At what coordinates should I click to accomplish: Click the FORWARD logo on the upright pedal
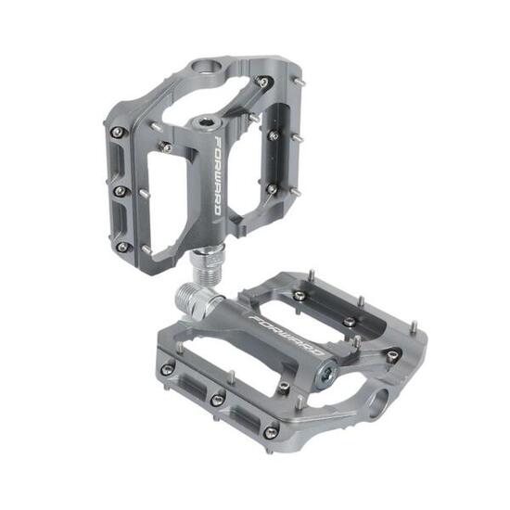pos(218,175)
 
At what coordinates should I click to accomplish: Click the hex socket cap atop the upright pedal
pos(206,123)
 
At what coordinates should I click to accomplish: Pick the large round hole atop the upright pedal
pos(207,66)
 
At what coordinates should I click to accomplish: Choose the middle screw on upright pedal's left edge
pos(121,191)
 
